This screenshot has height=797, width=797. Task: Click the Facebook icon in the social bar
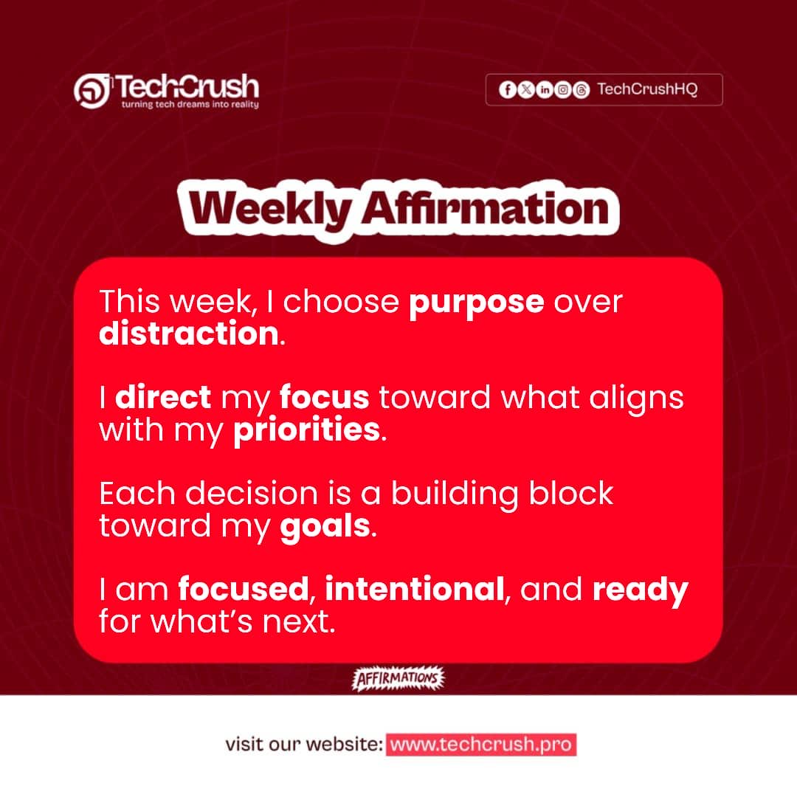(x=507, y=90)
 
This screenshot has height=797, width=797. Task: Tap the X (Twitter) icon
(x=525, y=90)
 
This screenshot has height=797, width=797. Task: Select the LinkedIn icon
(x=545, y=90)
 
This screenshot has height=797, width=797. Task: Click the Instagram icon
(x=563, y=90)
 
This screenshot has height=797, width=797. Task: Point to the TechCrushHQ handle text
(x=646, y=90)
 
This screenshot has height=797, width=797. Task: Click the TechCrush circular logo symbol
(x=92, y=89)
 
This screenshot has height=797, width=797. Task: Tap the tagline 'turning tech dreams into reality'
(x=190, y=105)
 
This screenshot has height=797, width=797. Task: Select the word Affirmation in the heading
(x=484, y=210)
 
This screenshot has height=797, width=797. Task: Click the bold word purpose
(x=476, y=303)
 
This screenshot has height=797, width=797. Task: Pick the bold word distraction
(x=188, y=334)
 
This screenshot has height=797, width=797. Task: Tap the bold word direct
(x=163, y=398)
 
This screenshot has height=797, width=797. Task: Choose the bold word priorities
(x=306, y=429)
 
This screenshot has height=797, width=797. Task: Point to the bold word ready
(x=640, y=590)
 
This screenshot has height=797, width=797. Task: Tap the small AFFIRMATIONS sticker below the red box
(x=398, y=678)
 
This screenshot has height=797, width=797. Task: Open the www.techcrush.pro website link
(x=480, y=745)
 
